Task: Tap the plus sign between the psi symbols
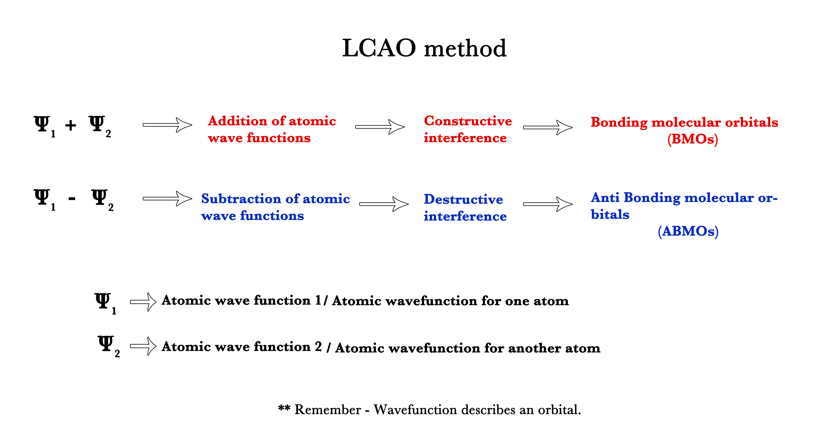point(71,125)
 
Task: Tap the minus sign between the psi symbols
point(72,198)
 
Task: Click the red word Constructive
point(468,121)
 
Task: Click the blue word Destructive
point(463,199)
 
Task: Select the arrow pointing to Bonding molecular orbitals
point(548,127)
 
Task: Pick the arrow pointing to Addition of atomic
point(167,125)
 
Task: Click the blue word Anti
point(605,198)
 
